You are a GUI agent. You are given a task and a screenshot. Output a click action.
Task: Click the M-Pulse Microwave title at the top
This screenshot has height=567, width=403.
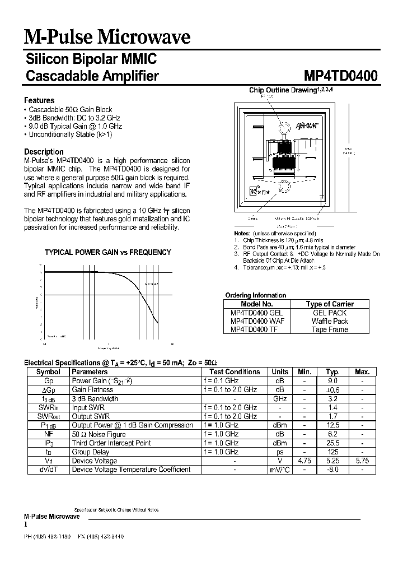(x=107, y=37)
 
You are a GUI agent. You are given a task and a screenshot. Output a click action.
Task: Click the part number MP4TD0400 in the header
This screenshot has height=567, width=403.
(x=340, y=76)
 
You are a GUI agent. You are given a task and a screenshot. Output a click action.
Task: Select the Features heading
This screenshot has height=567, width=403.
(x=39, y=100)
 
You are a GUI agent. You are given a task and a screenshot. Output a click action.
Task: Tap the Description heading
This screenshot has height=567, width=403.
(x=44, y=151)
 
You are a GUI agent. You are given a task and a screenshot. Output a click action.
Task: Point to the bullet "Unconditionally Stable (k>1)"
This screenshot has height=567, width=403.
(x=70, y=134)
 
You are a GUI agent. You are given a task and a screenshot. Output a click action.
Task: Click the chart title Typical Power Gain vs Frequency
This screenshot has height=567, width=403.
(x=107, y=252)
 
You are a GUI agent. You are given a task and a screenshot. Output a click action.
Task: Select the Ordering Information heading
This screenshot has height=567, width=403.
(x=255, y=295)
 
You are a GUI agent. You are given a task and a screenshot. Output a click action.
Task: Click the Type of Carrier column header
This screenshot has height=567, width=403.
(x=330, y=304)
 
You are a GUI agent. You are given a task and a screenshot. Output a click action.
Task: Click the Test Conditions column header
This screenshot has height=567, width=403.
(x=235, y=371)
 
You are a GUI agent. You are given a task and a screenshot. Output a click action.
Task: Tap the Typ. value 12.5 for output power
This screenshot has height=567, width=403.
(x=333, y=425)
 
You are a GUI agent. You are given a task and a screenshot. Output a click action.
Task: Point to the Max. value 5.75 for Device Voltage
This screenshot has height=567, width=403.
(x=362, y=461)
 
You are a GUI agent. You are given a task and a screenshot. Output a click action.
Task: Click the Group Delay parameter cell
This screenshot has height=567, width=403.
(x=91, y=452)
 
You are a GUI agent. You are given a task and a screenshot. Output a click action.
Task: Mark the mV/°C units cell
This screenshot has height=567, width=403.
(x=280, y=470)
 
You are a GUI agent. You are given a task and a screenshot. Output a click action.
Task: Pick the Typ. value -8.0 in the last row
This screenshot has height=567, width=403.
(x=333, y=470)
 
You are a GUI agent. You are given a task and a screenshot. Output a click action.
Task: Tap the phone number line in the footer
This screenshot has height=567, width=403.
(x=74, y=536)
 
